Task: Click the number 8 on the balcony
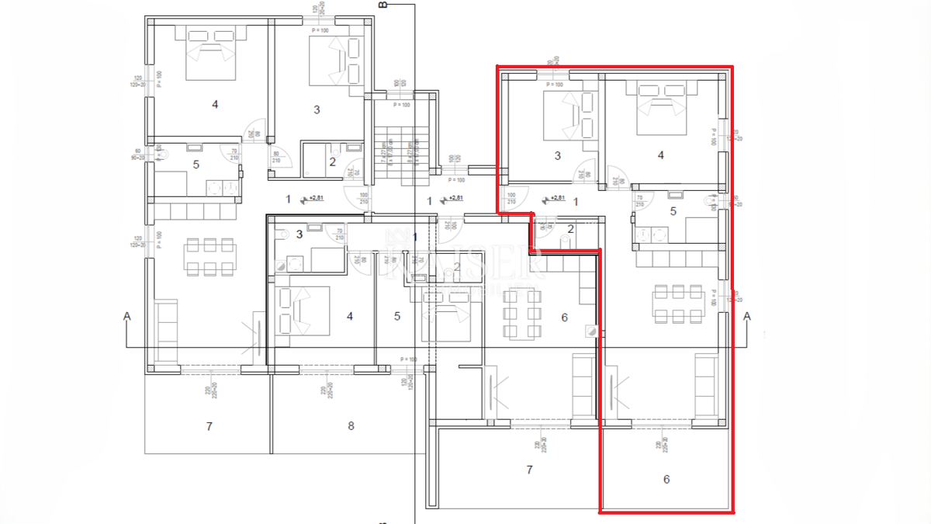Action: (351, 425)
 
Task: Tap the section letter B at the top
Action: (382, 5)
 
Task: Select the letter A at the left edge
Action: (126, 316)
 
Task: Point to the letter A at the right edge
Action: (747, 316)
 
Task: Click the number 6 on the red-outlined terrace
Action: (666, 480)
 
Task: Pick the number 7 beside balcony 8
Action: (209, 426)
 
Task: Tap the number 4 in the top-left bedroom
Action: (215, 104)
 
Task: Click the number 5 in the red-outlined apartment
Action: (673, 210)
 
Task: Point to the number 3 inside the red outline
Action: (557, 156)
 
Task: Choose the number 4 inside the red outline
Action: (660, 155)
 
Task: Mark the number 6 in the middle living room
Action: (564, 317)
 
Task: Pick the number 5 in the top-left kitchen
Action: (196, 165)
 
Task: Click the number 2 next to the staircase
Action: (332, 161)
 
